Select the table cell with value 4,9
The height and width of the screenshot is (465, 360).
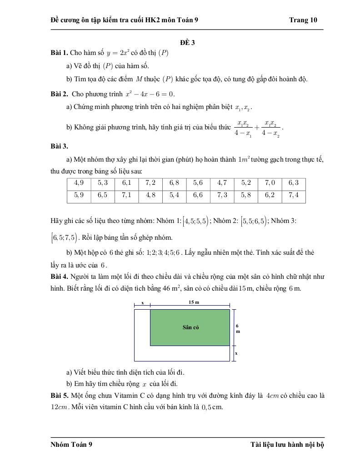pyautogui.click(x=79, y=183)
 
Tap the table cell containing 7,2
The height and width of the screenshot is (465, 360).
pyautogui.click(x=150, y=183)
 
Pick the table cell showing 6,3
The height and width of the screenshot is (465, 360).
pyautogui.click(x=293, y=183)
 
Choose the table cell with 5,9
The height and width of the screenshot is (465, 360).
pyautogui.click(x=79, y=195)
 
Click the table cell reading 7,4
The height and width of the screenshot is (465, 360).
pyautogui.click(x=293, y=195)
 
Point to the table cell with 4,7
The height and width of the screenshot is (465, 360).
pyautogui.click(x=222, y=183)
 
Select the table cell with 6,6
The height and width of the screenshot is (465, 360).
pyautogui.click(x=198, y=195)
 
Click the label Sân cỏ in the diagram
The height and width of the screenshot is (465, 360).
pyautogui.click(x=190, y=327)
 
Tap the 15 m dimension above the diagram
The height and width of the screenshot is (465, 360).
pyautogui.click(x=194, y=302)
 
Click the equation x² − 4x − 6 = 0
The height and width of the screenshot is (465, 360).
pyautogui.click(x=149, y=94)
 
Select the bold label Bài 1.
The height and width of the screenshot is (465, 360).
pyautogui.click(x=59, y=53)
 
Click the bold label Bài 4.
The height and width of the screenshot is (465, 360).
pyautogui.click(x=59, y=276)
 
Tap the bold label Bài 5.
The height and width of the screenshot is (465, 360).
pyautogui.click(x=59, y=396)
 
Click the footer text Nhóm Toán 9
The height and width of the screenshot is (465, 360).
pyautogui.click(x=71, y=445)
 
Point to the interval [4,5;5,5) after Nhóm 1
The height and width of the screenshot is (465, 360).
pyautogui.click(x=195, y=222)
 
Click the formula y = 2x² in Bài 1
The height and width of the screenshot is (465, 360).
pyautogui.click(x=119, y=53)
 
